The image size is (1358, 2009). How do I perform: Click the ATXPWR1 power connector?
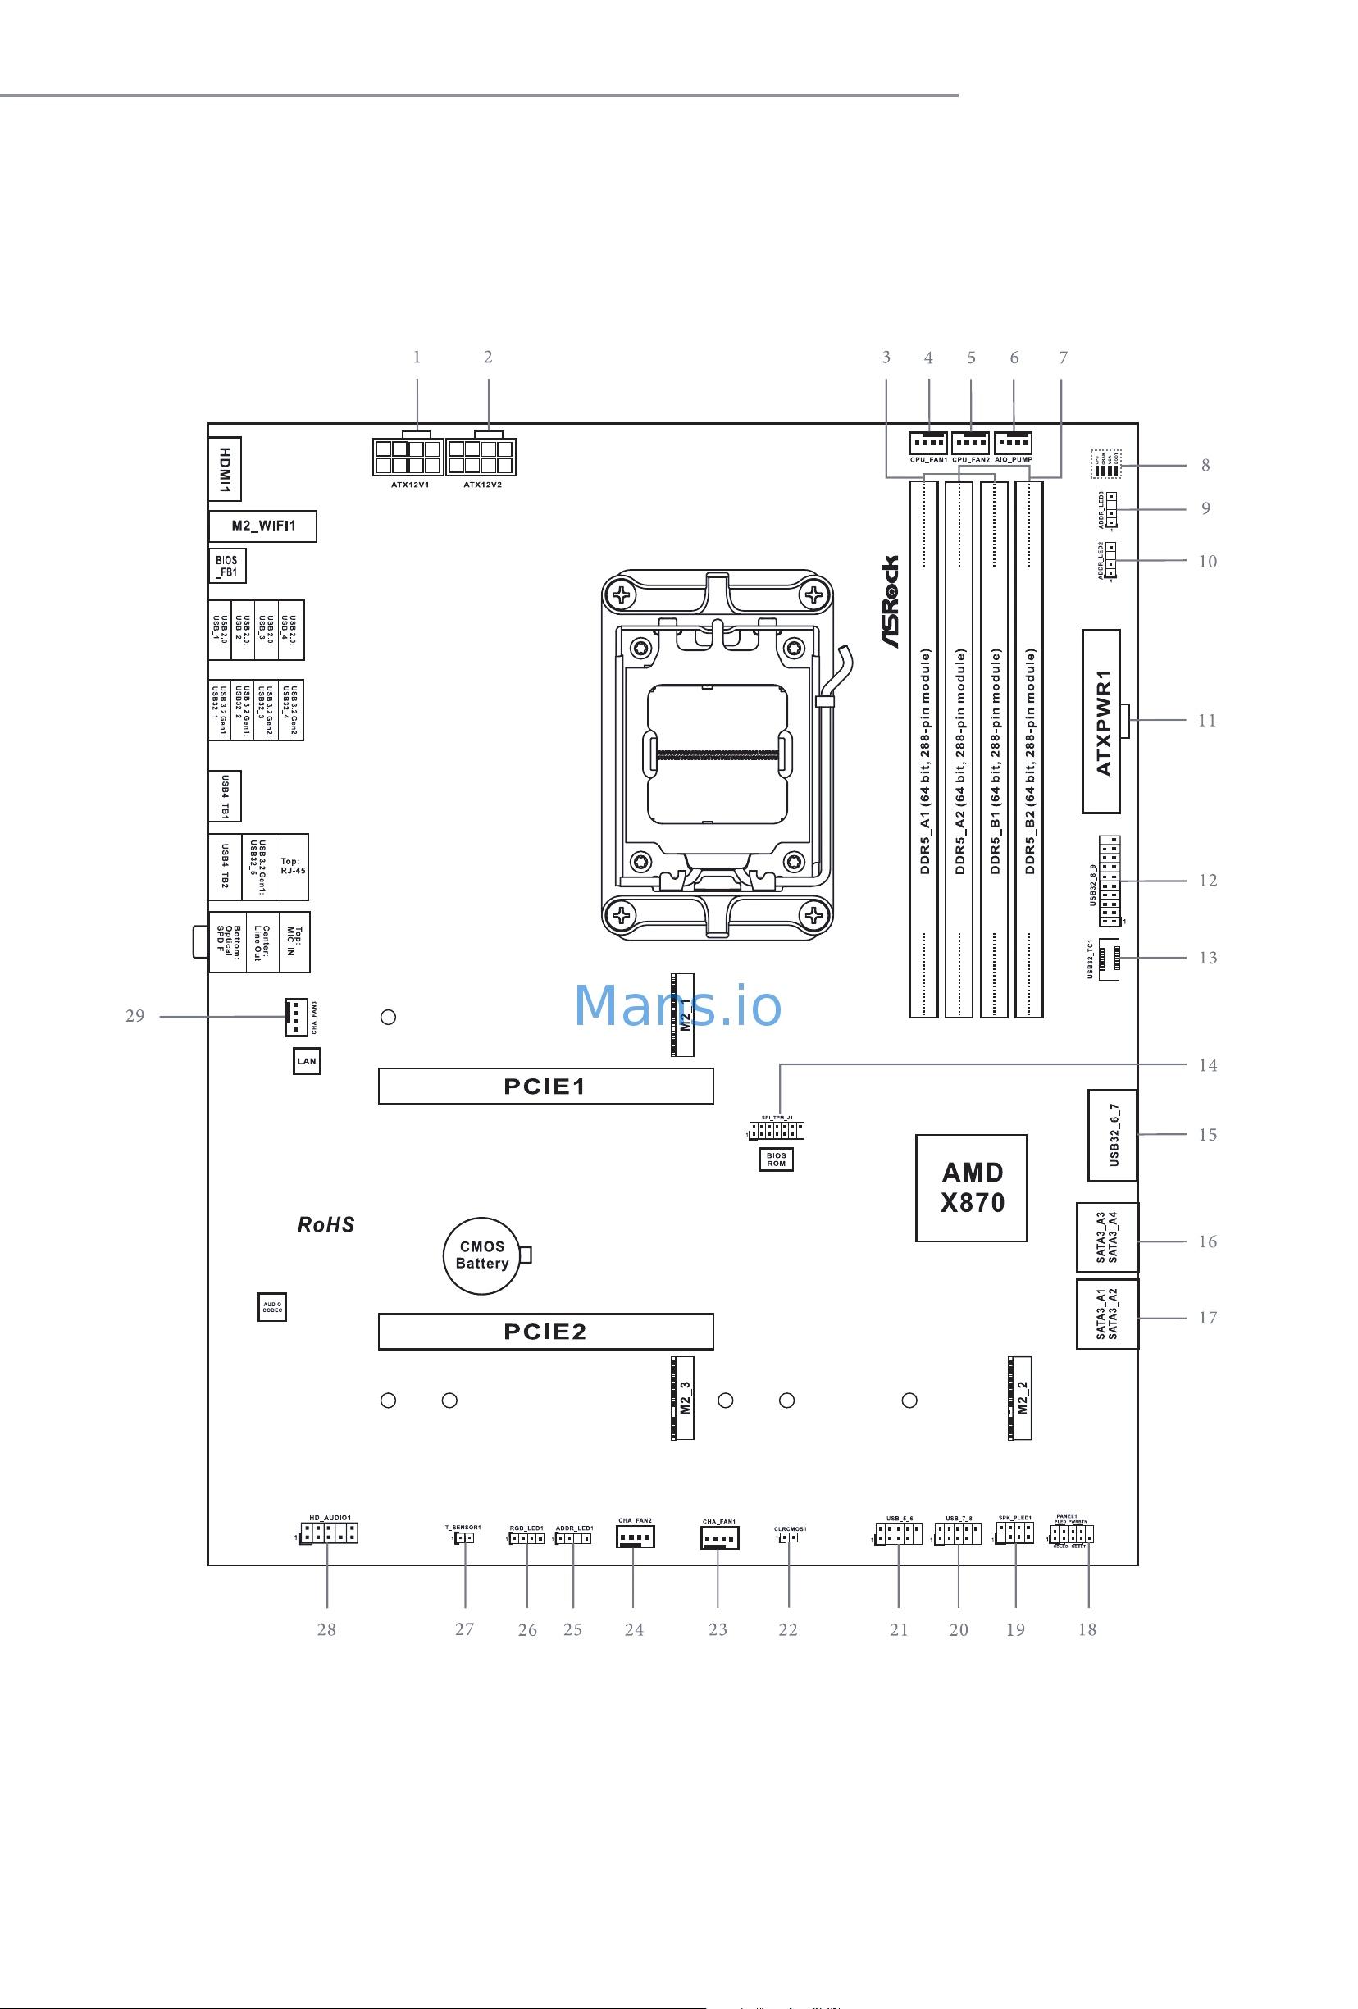(x=1101, y=721)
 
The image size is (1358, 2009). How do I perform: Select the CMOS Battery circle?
(x=481, y=1255)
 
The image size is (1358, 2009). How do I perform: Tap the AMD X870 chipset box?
(x=971, y=1187)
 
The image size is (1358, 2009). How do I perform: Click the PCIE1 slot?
(x=545, y=1086)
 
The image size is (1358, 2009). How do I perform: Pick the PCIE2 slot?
(x=545, y=1331)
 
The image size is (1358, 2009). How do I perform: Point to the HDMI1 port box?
(x=225, y=469)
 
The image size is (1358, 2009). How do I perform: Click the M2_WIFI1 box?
(x=262, y=526)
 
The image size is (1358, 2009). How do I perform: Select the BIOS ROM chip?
(x=776, y=1159)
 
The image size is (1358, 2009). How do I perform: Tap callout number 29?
(x=134, y=1016)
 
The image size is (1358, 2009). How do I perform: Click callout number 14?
(x=1207, y=1065)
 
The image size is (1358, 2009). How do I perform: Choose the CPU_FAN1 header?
(x=927, y=444)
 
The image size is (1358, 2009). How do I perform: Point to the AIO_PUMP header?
(x=1012, y=444)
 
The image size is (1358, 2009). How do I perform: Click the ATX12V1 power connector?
(x=408, y=457)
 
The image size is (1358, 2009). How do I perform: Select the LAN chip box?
(x=307, y=1061)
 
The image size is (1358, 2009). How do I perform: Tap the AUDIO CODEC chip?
(x=272, y=1307)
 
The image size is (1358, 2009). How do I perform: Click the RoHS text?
(x=326, y=1225)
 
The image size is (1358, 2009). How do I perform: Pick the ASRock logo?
(x=891, y=602)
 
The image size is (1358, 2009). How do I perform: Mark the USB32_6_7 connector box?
(x=1112, y=1135)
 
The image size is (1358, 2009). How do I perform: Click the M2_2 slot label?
(x=1021, y=1398)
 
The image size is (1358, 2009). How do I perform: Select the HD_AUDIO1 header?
(x=330, y=1533)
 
